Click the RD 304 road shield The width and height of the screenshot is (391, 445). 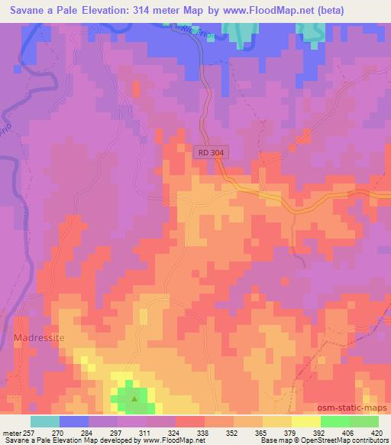pos(210,153)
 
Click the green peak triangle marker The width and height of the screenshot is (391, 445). pos(135,398)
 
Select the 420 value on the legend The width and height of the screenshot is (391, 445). pos(377,432)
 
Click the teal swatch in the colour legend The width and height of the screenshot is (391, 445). pos(45,421)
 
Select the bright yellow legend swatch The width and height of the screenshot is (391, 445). pos(305,421)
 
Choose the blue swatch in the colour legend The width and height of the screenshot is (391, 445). pos(74,421)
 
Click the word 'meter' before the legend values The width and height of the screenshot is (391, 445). pos(13,432)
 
